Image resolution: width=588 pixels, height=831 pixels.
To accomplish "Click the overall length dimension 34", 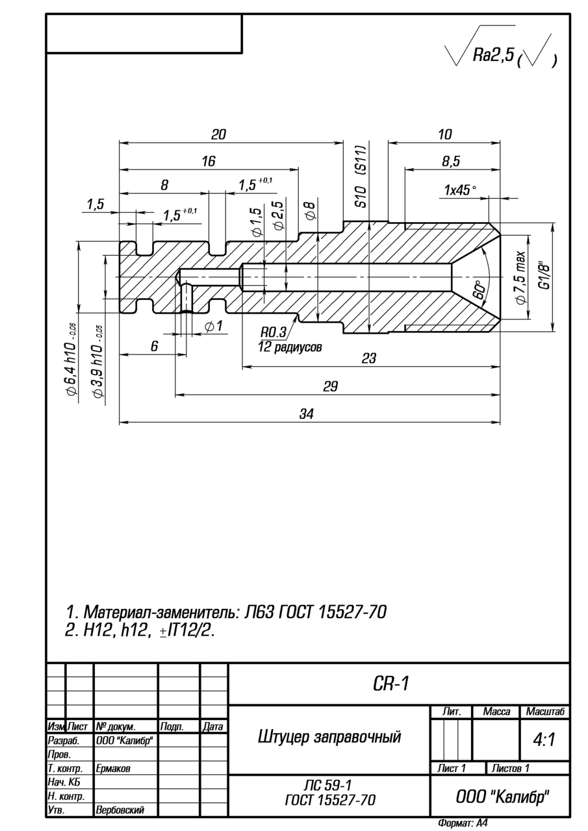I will tap(307, 414).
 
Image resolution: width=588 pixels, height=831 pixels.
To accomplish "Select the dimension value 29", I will tap(331, 386).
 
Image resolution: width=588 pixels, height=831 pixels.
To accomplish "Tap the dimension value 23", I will tap(368, 358).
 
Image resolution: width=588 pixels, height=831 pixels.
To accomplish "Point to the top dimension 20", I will tap(218, 134).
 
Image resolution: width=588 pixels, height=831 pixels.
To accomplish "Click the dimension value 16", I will tap(208, 162).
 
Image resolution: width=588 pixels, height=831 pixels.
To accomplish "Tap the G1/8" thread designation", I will tap(544, 275).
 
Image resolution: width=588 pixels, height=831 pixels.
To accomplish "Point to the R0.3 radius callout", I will tap(274, 332).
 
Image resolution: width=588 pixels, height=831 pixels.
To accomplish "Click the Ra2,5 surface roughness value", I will tap(492, 56).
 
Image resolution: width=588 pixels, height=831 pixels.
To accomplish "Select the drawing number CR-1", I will tap(391, 684).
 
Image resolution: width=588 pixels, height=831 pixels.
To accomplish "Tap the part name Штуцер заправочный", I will tap(329, 737).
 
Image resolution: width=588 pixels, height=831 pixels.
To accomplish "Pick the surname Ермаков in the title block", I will tap(113, 768).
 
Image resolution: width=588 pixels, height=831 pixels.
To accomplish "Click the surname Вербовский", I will tap(120, 810).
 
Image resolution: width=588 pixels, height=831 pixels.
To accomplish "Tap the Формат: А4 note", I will tap(463, 823).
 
